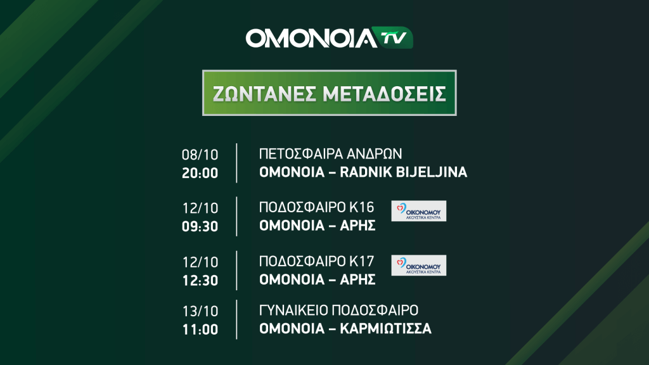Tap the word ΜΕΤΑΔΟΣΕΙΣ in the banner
click(x=385, y=94)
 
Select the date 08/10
click(x=200, y=155)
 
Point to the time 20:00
click(x=200, y=173)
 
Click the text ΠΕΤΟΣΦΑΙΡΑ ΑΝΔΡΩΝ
click(x=330, y=154)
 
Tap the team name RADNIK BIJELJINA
click(x=404, y=172)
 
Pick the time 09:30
click(x=200, y=226)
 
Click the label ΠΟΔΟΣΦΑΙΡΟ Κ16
click(x=317, y=207)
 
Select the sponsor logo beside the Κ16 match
click(x=419, y=211)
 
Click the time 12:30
click(x=200, y=281)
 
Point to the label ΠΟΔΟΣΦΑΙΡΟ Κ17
click(x=317, y=262)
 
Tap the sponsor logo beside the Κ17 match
click(x=419, y=266)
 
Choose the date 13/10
click(x=200, y=311)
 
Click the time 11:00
click(x=200, y=330)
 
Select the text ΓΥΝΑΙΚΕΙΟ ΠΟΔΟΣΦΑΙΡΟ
click(x=338, y=311)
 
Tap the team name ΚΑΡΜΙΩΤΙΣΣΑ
click(x=386, y=329)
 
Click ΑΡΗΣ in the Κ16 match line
click(x=357, y=226)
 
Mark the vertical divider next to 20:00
click(x=237, y=163)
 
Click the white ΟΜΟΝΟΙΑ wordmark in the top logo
click(x=311, y=38)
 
